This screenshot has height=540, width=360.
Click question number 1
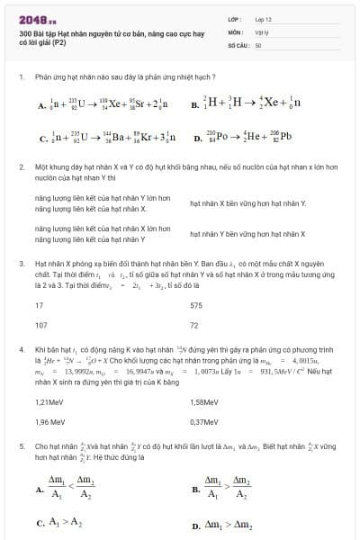tap(20, 77)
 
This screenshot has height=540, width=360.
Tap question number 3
tap(20, 264)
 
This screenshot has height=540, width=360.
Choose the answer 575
tap(196, 306)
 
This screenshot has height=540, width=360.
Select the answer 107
tap(40, 325)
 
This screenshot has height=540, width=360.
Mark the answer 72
tap(194, 325)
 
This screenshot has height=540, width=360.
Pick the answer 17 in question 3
tap(39, 306)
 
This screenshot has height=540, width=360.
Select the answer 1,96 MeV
tap(49, 421)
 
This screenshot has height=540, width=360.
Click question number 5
tap(20, 445)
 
